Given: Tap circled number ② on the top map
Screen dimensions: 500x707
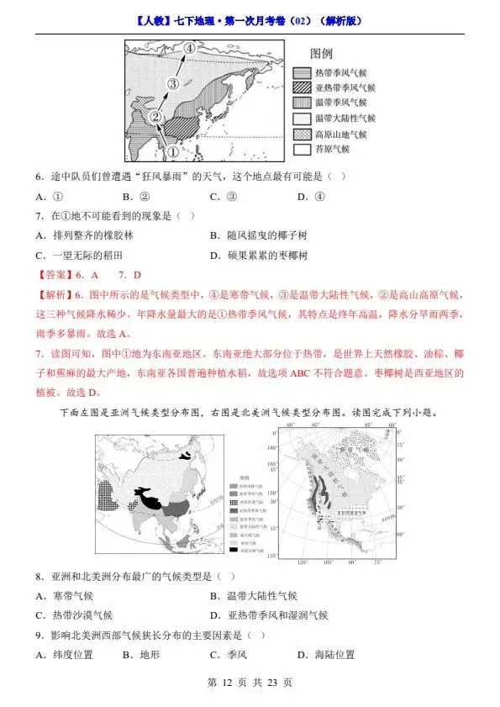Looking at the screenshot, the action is coord(155,117).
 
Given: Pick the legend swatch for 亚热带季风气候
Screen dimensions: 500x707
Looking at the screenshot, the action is coord(302,88).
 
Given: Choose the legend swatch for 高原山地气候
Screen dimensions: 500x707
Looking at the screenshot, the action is coord(302,134).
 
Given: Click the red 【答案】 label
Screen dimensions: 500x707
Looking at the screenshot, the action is coord(55,275).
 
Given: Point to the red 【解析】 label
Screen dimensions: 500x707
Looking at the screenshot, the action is coord(55,295).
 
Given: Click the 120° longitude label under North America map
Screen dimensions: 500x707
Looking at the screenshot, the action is coord(302,561).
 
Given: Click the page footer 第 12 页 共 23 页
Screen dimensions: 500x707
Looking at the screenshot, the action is coord(250,683).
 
